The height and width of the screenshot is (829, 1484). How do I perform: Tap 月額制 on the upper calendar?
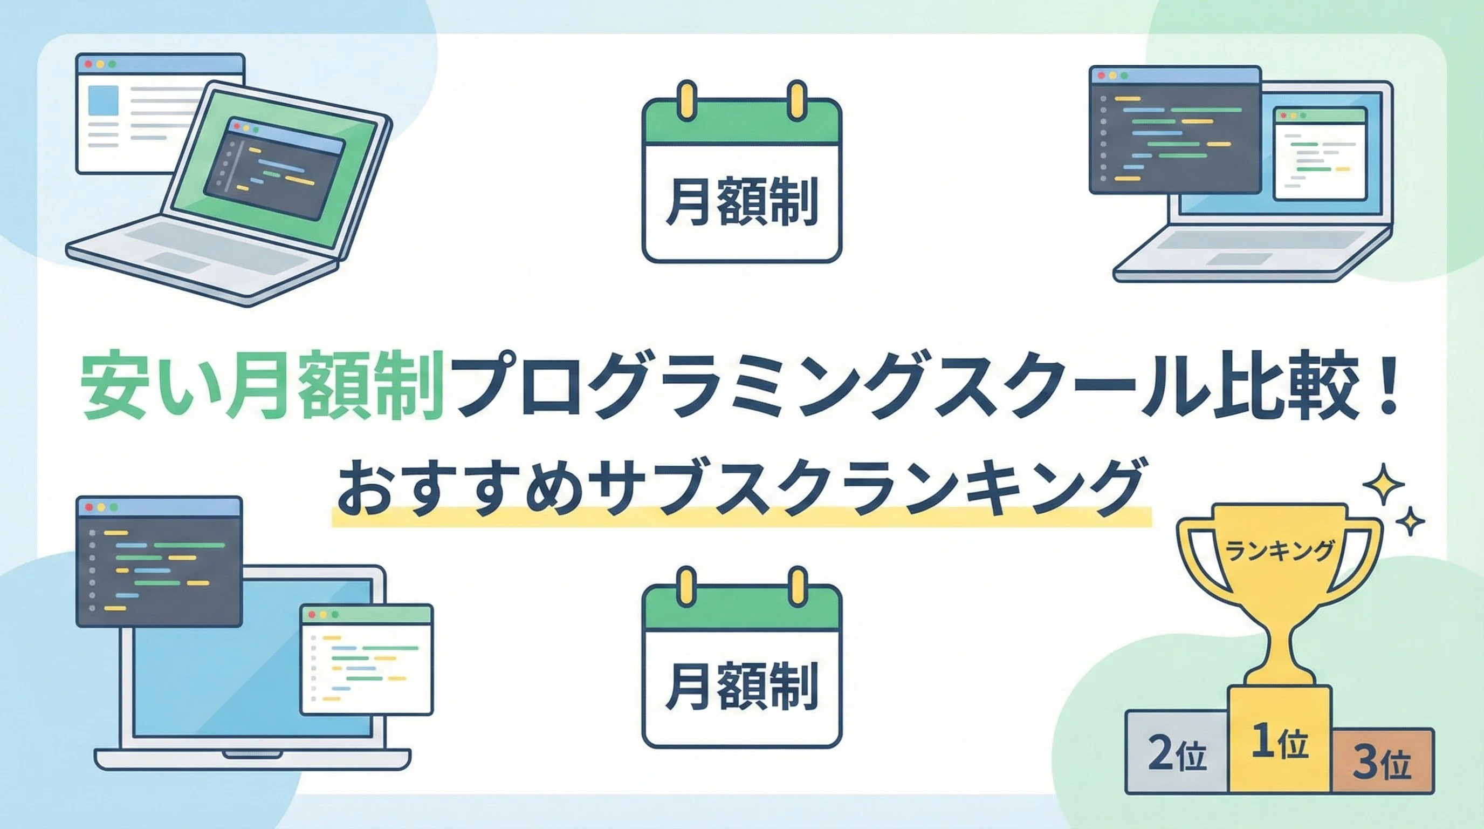(x=741, y=203)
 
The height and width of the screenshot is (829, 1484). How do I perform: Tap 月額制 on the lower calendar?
(x=741, y=687)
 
